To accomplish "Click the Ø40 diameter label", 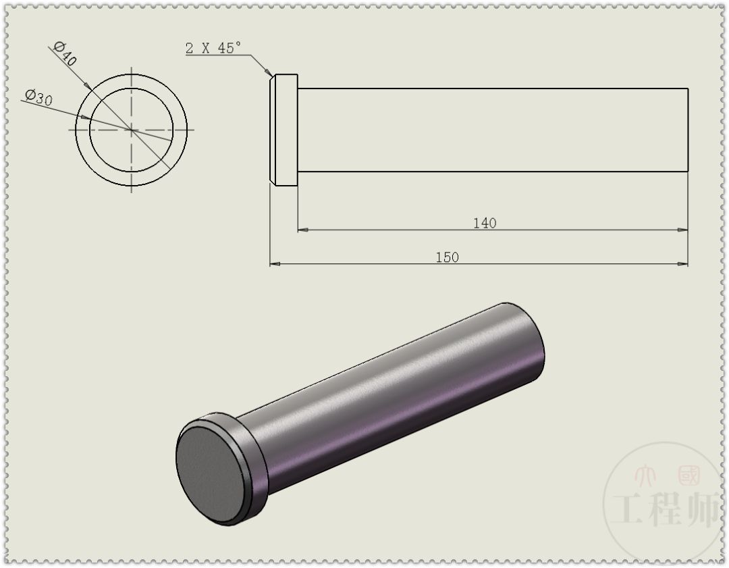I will coord(66,53).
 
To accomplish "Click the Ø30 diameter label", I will coord(39,98).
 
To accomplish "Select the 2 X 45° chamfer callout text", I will coord(213,48).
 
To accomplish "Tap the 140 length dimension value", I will coord(484,223).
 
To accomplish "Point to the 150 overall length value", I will coord(447,257).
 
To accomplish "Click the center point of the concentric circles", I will coord(131,129).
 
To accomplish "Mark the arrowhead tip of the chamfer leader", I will coord(271,74).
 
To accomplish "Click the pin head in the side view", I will coord(284,129).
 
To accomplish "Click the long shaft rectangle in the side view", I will coord(493,129).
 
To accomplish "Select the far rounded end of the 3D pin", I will coord(530,341).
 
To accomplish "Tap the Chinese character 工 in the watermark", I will coord(630,511).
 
